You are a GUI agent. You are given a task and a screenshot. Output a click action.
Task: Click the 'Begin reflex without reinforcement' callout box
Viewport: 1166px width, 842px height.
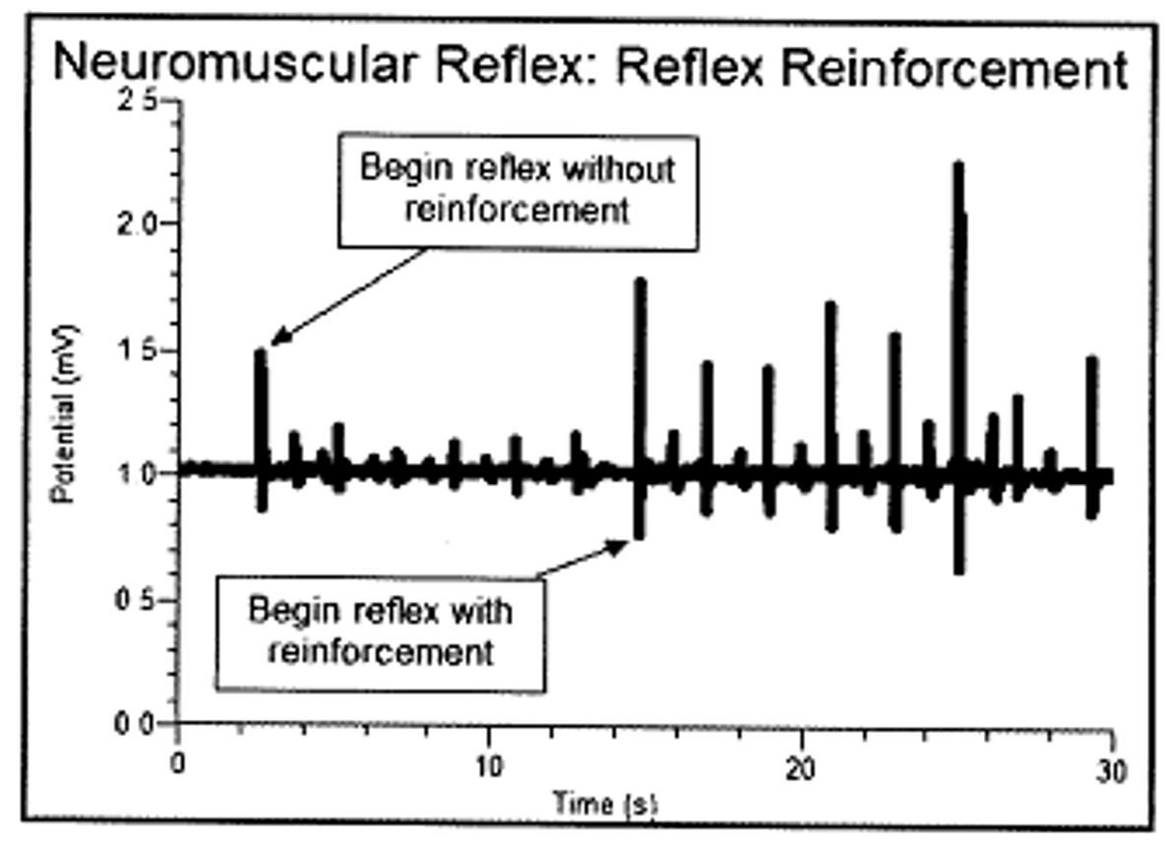point(518,190)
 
